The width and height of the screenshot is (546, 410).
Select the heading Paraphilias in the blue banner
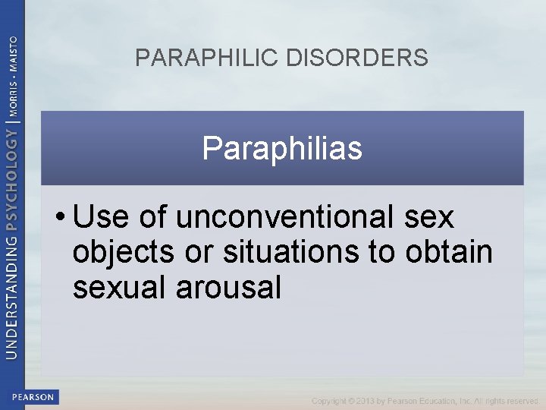pos(282,149)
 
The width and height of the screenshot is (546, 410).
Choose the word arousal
pos(231,288)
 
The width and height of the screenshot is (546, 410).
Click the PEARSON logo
pos(33,396)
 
